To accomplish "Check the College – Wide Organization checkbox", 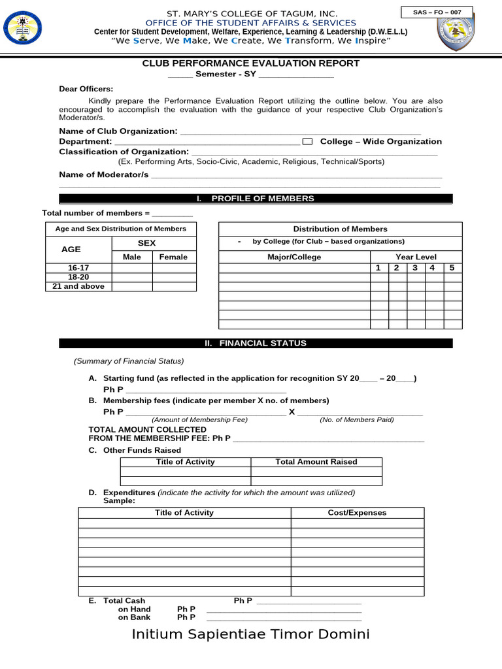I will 309,142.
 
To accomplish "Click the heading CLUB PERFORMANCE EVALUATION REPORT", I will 251,63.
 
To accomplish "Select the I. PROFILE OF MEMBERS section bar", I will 256,199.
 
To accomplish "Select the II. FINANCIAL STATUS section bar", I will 256,343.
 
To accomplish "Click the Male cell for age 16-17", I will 132,268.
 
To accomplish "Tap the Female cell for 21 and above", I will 174,286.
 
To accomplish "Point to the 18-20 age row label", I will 78,277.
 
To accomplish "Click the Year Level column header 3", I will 414,268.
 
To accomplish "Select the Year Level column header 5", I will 452,268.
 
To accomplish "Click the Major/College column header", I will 294,257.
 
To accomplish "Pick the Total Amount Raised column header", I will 316,462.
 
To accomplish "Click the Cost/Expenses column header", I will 357,513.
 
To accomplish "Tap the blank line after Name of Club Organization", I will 301,133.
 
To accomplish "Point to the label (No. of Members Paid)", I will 357,420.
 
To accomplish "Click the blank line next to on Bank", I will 284,618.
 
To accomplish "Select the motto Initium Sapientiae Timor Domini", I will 251,634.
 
